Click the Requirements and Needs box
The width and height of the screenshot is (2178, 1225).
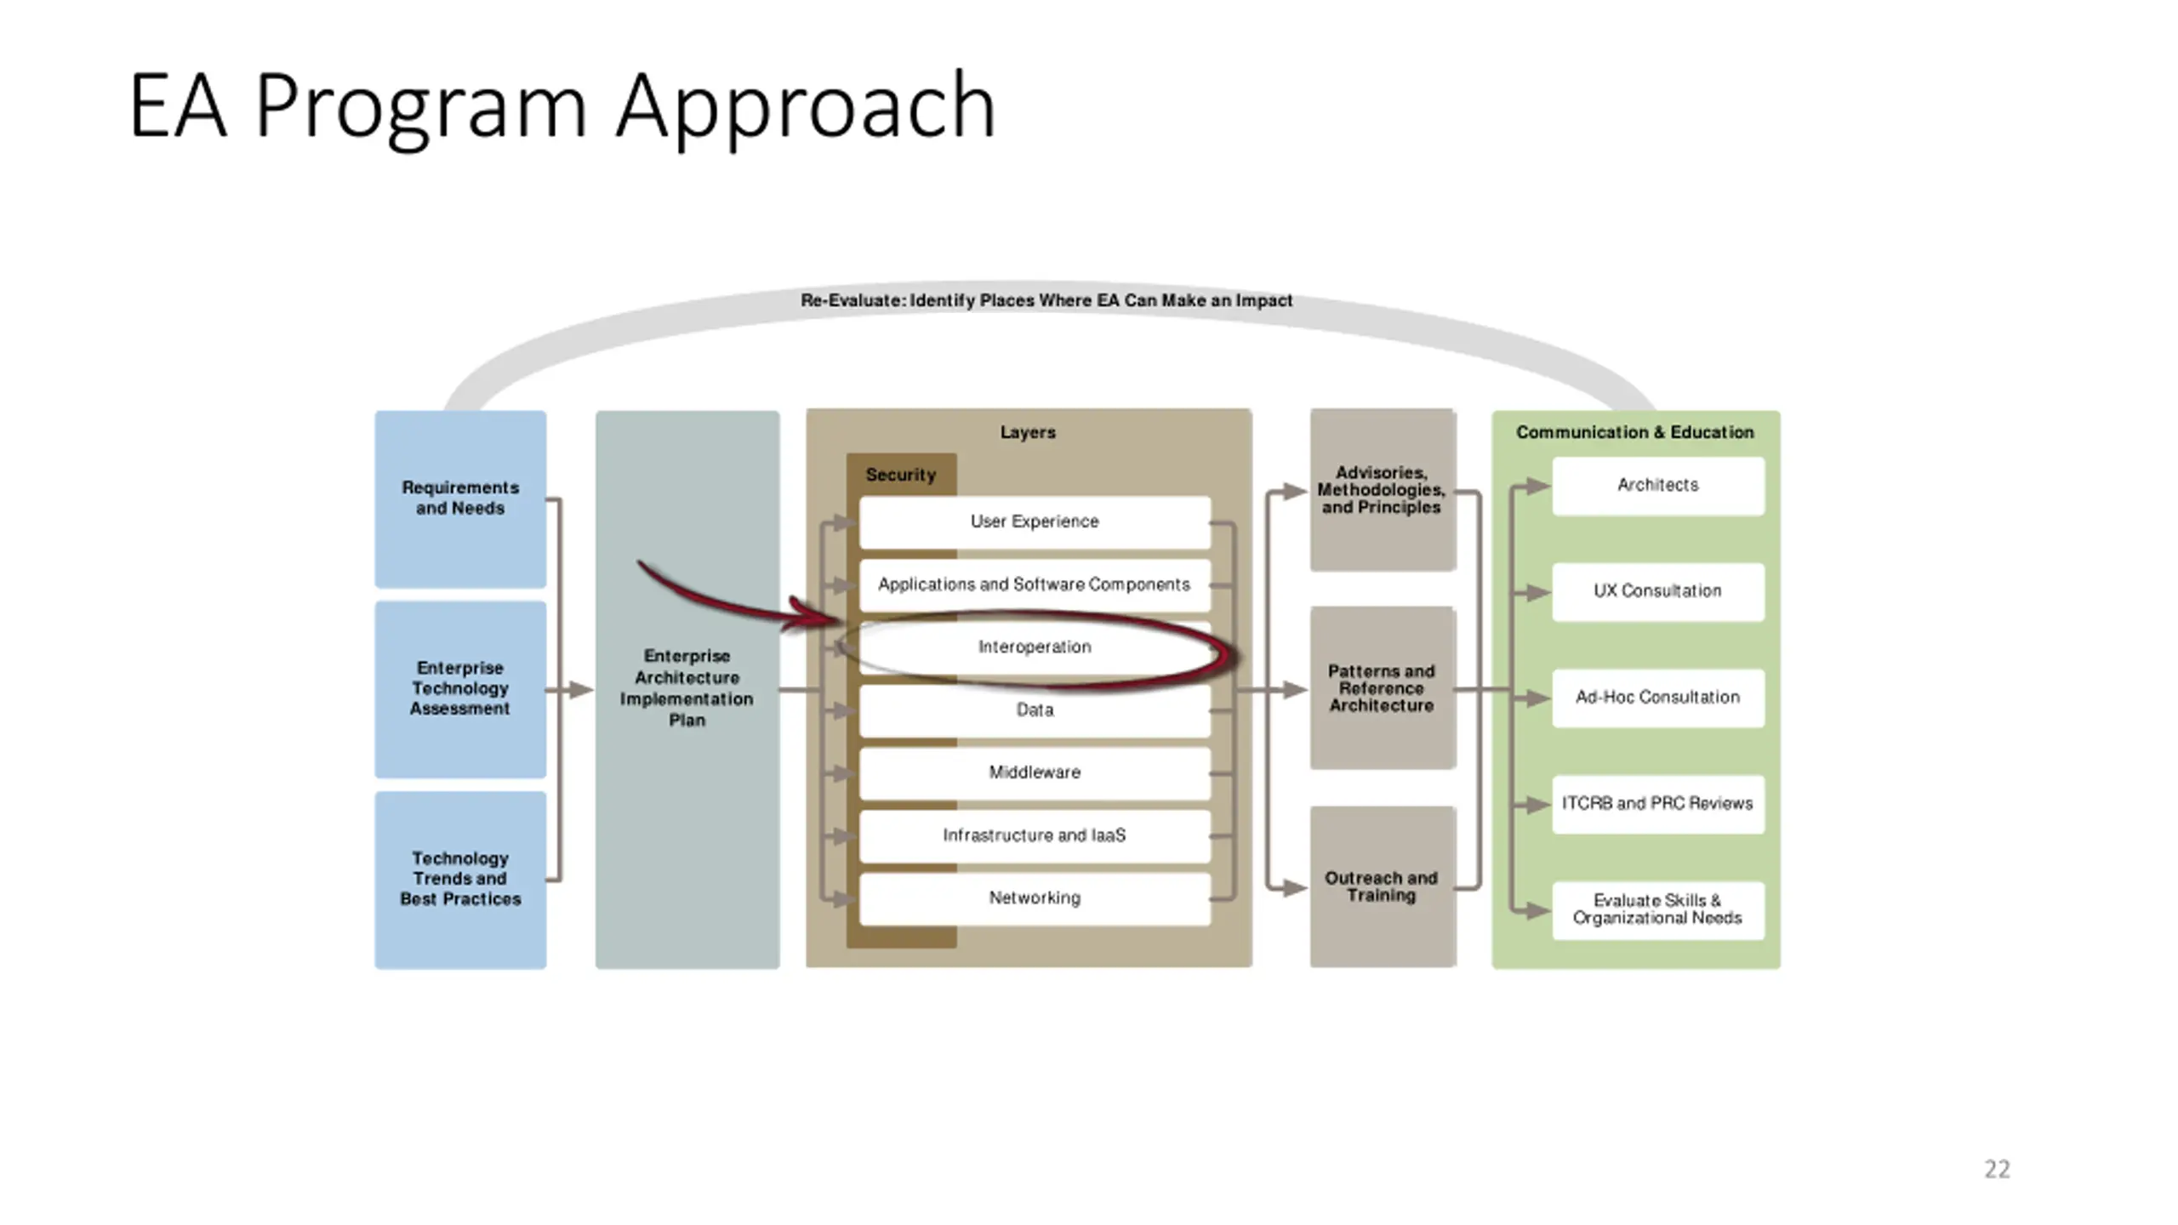click(x=460, y=499)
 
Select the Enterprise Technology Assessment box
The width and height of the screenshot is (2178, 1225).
click(x=460, y=689)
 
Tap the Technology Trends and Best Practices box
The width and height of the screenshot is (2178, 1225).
click(x=460, y=880)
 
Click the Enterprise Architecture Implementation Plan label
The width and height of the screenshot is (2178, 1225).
click(x=687, y=687)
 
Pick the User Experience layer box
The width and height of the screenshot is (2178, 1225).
click(x=1035, y=522)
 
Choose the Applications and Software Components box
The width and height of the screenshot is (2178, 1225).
click(x=1035, y=585)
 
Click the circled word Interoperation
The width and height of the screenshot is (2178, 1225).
click(x=1035, y=647)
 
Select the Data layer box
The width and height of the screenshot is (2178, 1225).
click(x=1035, y=710)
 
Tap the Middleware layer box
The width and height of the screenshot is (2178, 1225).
click(x=1035, y=773)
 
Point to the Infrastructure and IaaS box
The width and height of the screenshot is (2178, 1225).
click(x=1035, y=836)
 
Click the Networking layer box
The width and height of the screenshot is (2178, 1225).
click(x=1035, y=898)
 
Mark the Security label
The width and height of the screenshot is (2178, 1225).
click(x=900, y=475)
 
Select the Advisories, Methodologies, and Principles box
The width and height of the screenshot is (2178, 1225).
click(x=1383, y=490)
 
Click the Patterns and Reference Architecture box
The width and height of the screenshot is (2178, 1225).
click(x=1383, y=688)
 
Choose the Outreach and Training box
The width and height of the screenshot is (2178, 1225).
click(x=1383, y=886)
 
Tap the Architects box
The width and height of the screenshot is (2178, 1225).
click(x=1658, y=486)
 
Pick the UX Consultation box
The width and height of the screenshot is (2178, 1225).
click(x=1658, y=592)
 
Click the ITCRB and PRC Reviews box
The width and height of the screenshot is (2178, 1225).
click(x=1658, y=804)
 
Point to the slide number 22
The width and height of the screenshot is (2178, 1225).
click(x=1997, y=1169)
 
